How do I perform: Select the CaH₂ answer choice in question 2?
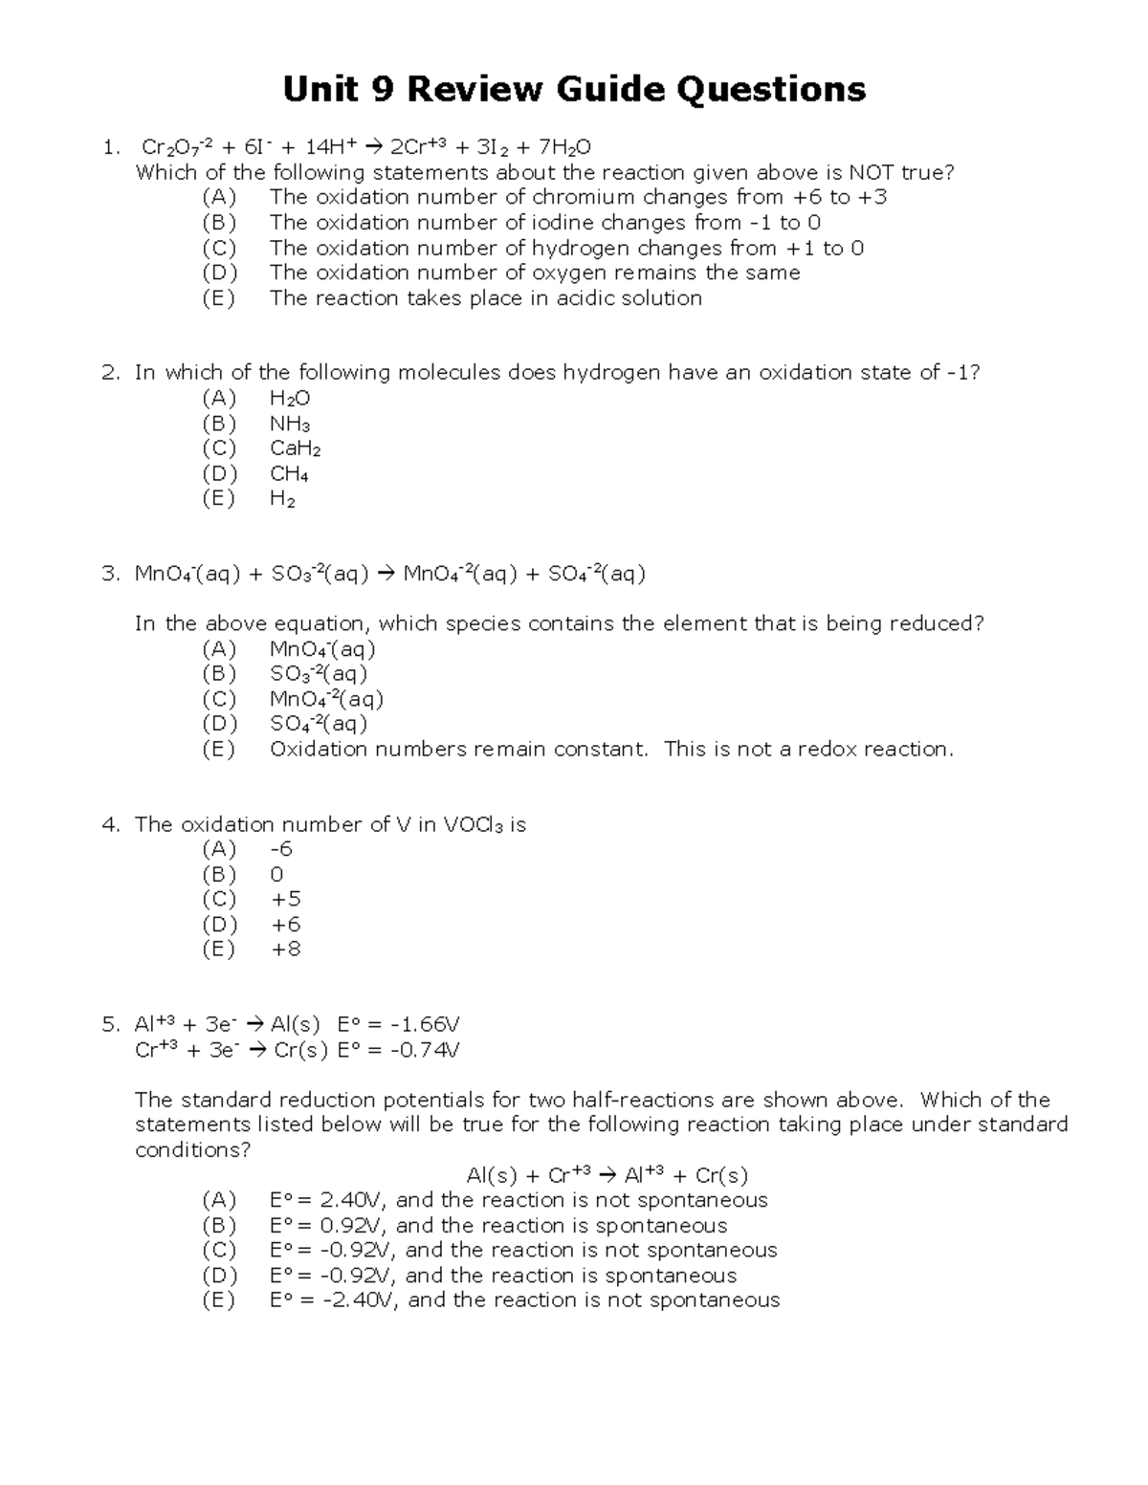pyautogui.click(x=295, y=448)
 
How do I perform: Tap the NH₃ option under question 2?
pyautogui.click(x=290, y=424)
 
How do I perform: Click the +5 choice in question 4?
pyautogui.click(x=286, y=899)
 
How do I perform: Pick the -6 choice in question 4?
pyautogui.click(x=281, y=849)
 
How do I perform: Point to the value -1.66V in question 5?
pyautogui.click(x=421, y=1025)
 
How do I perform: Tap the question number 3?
pyautogui.click(x=110, y=574)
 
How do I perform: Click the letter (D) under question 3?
pyautogui.click(x=219, y=724)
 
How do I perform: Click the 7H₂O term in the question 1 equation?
pyautogui.click(x=564, y=147)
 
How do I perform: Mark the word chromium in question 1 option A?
pyautogui.click(x=583, y=197)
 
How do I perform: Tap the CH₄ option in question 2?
pyautogui.click(x=289, y=473)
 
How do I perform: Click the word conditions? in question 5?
pyautogui.click(x=192, y=1149)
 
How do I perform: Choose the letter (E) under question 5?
pyautogui.click(x=219, y=1299)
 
